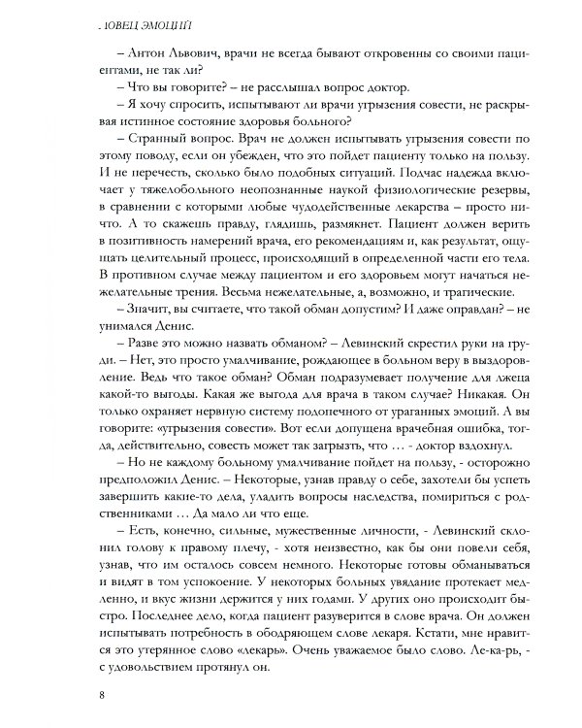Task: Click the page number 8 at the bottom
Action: (102, 693)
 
